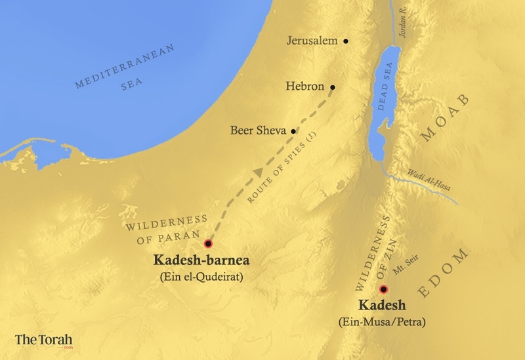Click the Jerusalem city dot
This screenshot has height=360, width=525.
[x=346, y=41]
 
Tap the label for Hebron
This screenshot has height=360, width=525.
[x=306, y=87]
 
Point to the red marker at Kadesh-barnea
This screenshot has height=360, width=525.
[x=209, y=243]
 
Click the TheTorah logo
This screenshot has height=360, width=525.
[x=43, y=341]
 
